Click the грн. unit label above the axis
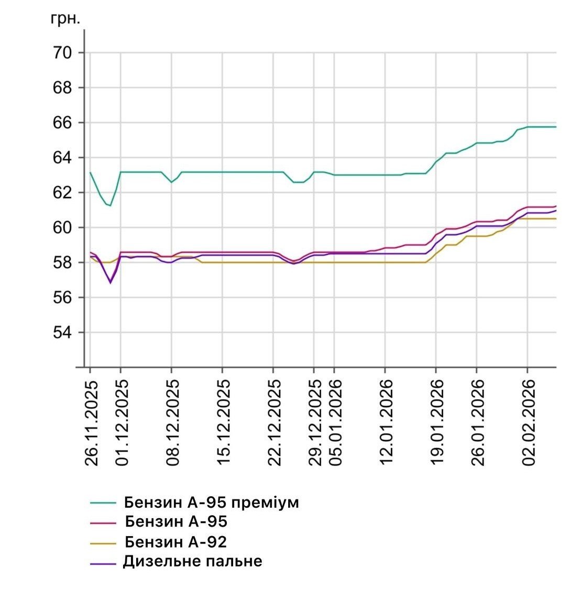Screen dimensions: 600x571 coord(65,19)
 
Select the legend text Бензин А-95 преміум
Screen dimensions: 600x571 coord(212,503)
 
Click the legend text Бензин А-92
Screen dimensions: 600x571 coord(176,542)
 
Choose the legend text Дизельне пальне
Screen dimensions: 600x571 coord(193,562)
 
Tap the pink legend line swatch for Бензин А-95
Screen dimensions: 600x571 coord(103,522)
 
